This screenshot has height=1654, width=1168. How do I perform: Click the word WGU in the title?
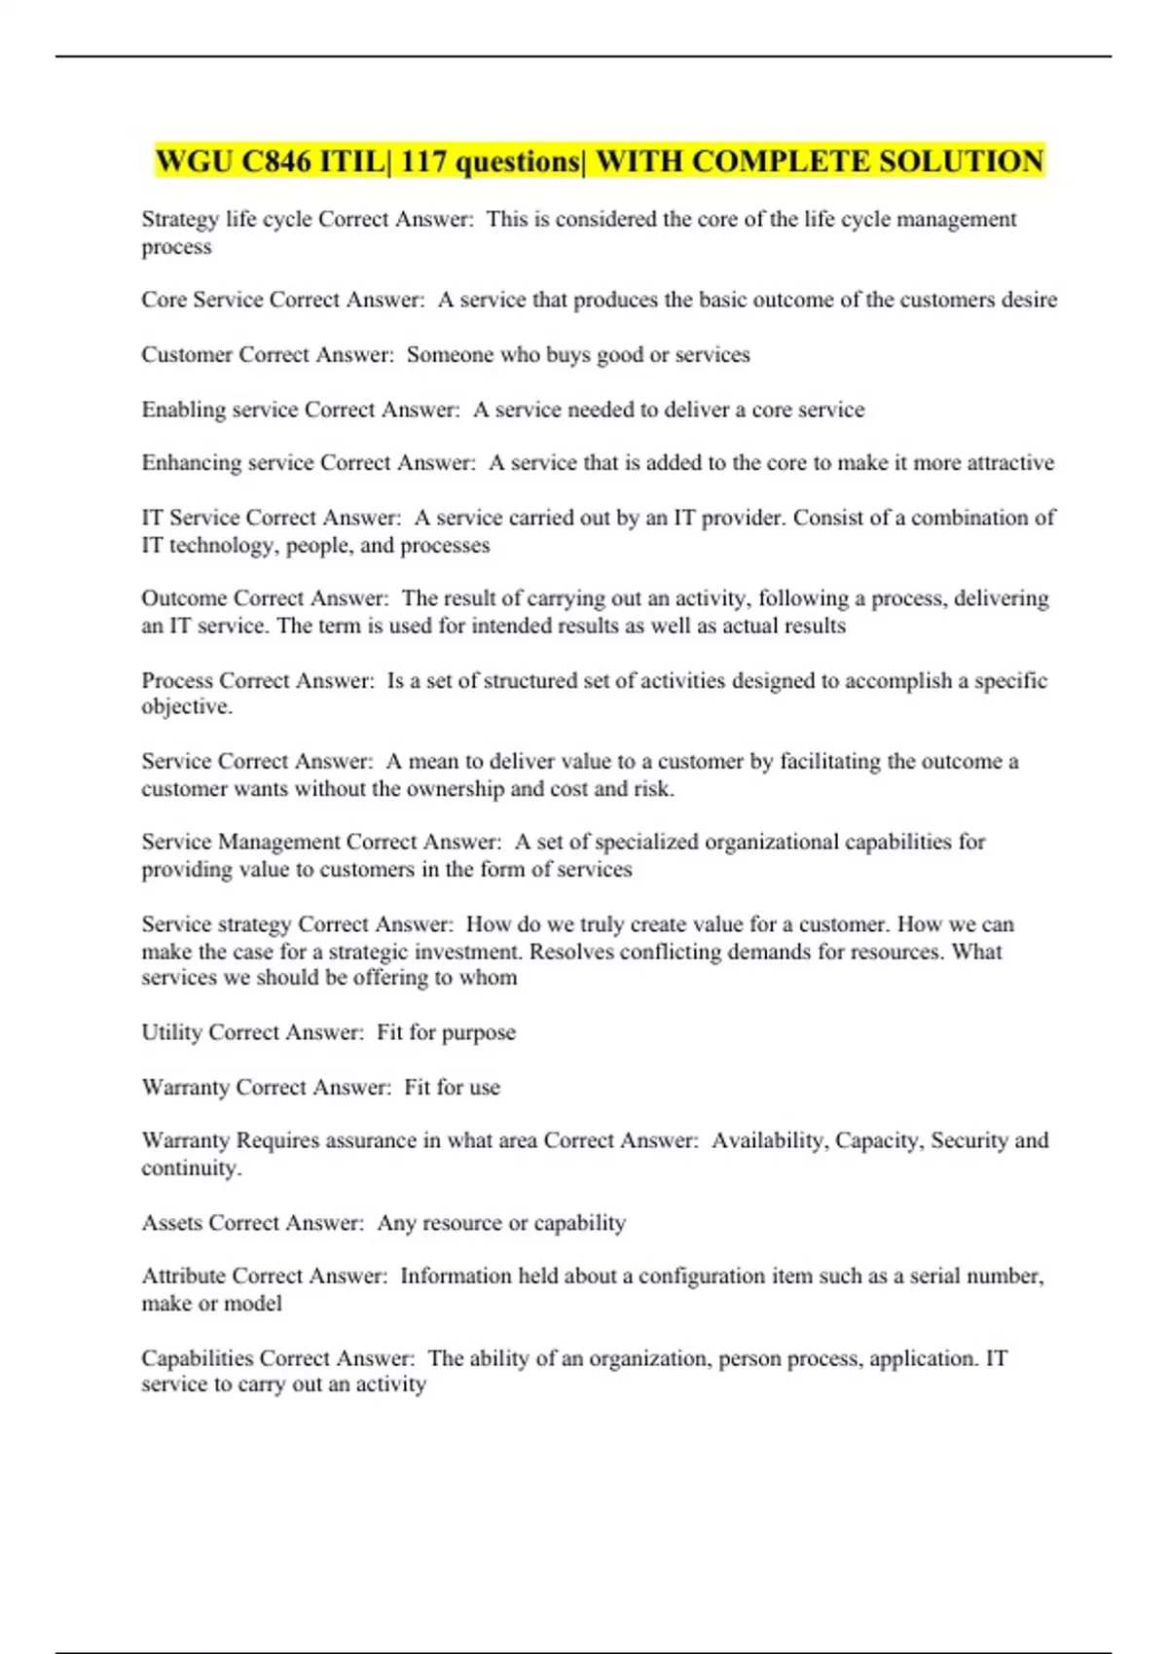(194, 161)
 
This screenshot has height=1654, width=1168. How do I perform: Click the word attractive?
(1010, 463)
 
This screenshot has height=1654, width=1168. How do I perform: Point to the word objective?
(185, 707)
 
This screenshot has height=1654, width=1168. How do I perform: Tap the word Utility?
(171, 1032)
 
